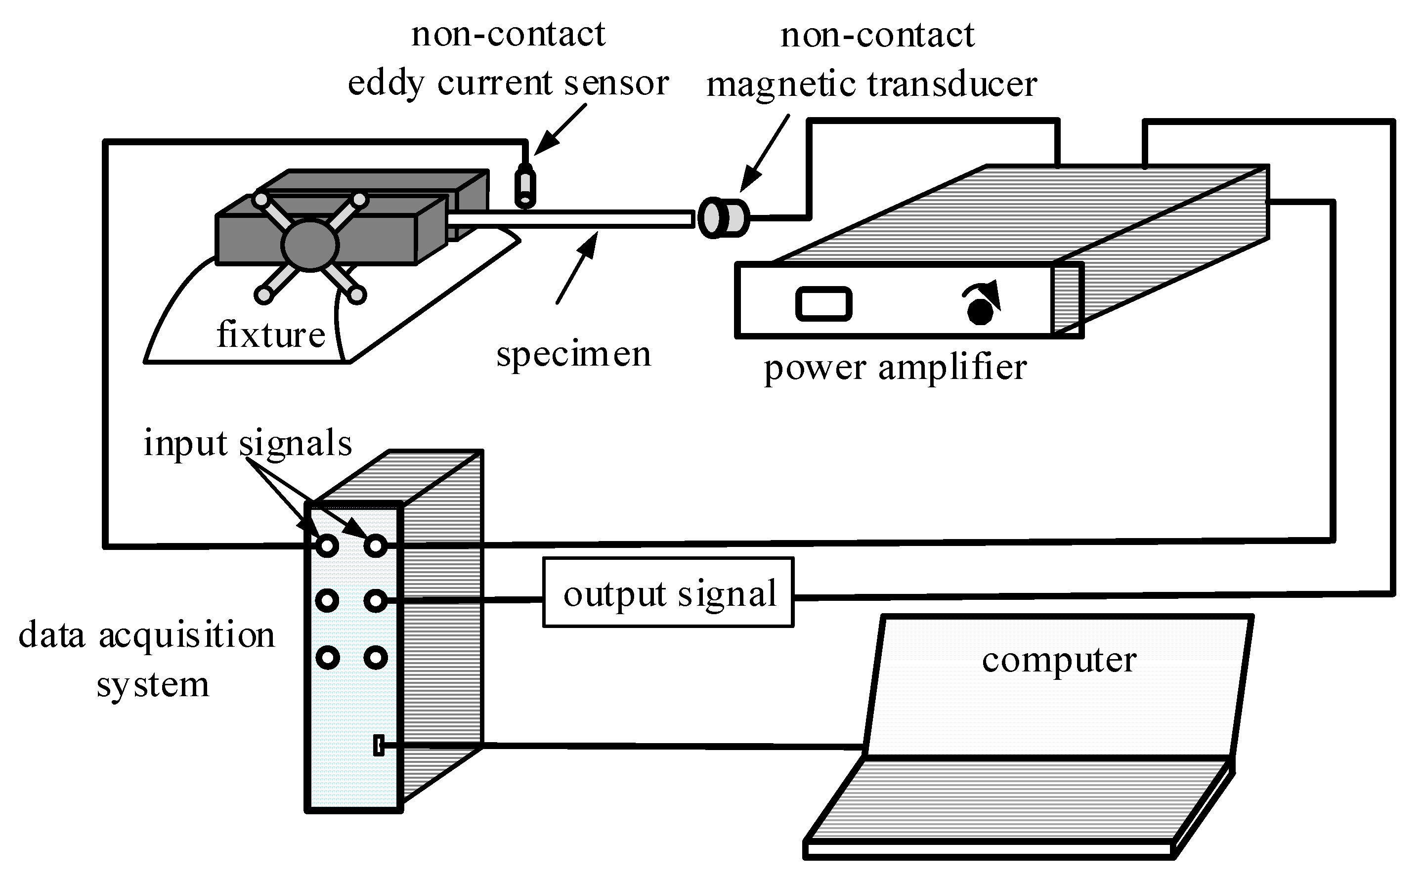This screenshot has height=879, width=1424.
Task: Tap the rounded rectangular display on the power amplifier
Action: pyautogui.click(x=823, y=303)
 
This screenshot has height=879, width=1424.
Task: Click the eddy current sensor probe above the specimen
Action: pyautogui.click(x=525, y=186)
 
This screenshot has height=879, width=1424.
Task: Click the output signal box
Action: pyautogui.click(x=668, y=593)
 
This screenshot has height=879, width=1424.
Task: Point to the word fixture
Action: pyautogui.click(x=270, y=335)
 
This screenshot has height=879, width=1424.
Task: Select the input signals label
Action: pyautogui.click(x=248, y=443)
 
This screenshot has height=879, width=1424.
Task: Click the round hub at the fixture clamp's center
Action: pyautogui.click(x=310, y=244)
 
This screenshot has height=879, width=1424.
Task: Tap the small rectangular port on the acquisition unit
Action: pyautogui.click(x=379, y=745)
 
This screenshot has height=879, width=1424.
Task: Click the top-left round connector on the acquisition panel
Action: pyautogui.click(x=327, y=545)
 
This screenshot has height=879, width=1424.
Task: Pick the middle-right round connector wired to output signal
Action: pyautogui.click(x=376, y=600)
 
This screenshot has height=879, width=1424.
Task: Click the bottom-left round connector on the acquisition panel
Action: pyautogui.click(x=327, y=658)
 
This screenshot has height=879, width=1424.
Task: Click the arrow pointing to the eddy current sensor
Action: pyautogui.click(x=560, y=129)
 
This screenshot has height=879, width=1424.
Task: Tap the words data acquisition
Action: pyautogui.click(x=146, y=635)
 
